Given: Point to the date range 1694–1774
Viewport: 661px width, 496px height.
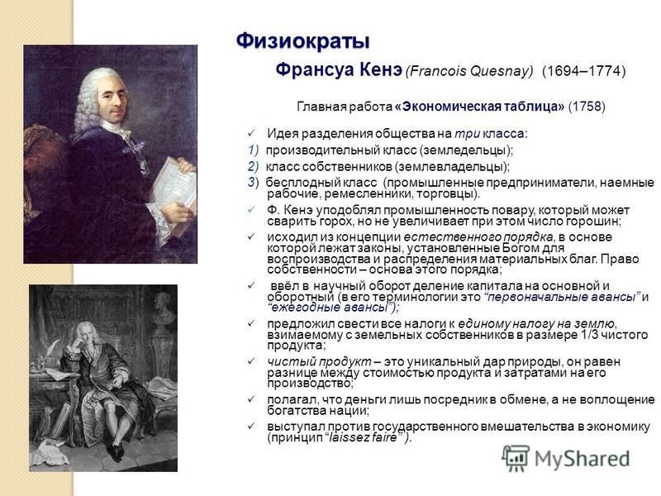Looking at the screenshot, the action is tap(584, 70).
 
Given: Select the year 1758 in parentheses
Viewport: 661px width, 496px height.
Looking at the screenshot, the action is tap(587, 107).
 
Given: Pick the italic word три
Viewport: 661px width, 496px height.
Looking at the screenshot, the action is tap(467, 134).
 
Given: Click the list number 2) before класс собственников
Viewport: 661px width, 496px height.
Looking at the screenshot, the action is tap(254, 167).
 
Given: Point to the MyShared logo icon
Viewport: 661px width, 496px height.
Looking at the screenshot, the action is tap(516, 458).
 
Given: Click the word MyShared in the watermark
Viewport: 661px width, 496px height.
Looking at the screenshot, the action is tap(583, 459).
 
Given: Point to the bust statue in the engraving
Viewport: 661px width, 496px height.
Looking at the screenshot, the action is tap(164, 309).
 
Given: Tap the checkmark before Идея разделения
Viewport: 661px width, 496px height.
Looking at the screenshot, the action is tap(252, 134).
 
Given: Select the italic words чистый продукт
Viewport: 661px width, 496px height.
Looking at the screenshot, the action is tap(319, 362).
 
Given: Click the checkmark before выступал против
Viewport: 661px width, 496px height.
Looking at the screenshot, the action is tap(252, 426).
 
